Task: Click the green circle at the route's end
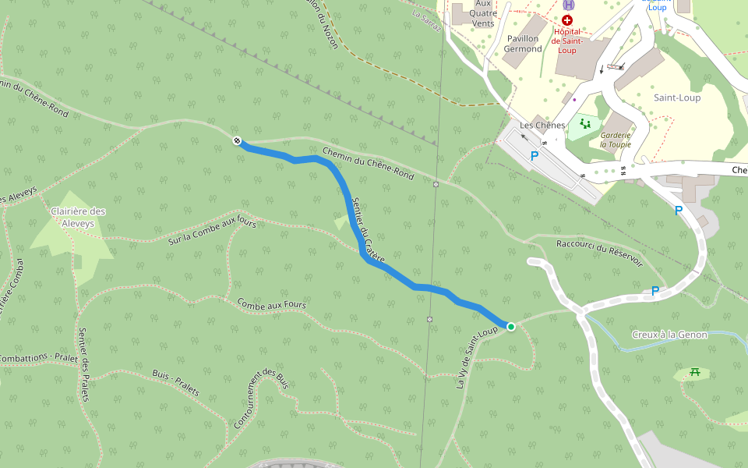tap(510, 327)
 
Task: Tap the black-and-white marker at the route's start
tap(237, 140)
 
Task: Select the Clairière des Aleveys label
tap(77, 217)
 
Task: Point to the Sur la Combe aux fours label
tap(212, 230)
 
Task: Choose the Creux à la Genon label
tap(669, 335)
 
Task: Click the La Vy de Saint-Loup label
tap(476, 356)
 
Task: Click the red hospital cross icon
tap(566, 19)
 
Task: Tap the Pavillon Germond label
tap(522, 44)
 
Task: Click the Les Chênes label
tap(542, 126)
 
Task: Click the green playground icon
tap(584, 124)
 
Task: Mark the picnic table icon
tap(694, 373)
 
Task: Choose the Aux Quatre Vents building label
tap(483, 13)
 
